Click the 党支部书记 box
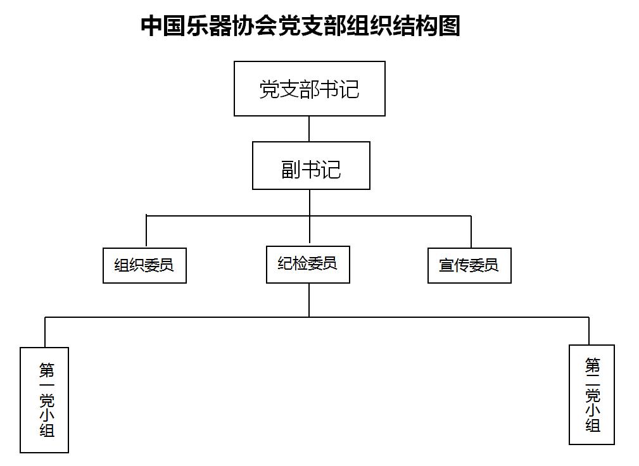[x=309, y=89]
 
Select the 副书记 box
[x=311, y=165]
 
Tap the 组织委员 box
[x=144, y=265]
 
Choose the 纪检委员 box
[x=308, y=265]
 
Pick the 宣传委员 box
[x=469, y=265]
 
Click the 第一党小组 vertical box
[x=44, y=400]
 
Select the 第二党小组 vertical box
[x=592, y=394]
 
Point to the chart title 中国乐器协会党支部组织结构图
[x=300, y=26]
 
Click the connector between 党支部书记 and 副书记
[x=309, y=129]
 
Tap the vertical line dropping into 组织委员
[x=146, y=231]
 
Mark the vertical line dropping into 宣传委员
[x=471, y=232]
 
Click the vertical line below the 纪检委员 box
[x=309, y=300]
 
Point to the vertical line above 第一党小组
[x=45, y=332]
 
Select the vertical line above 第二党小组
[x=589, y=331]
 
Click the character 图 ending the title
[x=450, y=26]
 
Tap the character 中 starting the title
[x=151, y=26]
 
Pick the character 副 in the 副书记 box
[x=291, y=170]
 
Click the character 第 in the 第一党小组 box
[x=47, y=370]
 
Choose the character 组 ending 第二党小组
[x=593, y=425]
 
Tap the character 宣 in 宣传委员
[x=446, y=265]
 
